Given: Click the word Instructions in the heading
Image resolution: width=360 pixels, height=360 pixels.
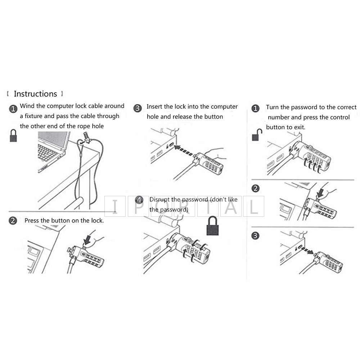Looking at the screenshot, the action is coord(35,94).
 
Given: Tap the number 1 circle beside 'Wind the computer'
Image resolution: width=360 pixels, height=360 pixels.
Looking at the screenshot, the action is coord(13,109).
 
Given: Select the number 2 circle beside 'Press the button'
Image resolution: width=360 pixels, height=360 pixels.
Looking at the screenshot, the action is coord(13,221).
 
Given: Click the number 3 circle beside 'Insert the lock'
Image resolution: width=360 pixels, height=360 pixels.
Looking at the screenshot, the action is coord(137,108).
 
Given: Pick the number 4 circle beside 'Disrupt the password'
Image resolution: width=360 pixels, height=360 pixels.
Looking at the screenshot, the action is coord(139,200).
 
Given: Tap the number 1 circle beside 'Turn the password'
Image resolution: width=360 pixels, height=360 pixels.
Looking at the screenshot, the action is coord(255,108).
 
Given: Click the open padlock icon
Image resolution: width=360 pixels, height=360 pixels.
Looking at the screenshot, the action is coord(257,135).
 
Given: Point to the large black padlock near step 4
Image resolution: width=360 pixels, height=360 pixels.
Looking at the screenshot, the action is coord(212,226).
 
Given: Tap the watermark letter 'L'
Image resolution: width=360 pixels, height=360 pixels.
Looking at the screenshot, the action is coord(254,206).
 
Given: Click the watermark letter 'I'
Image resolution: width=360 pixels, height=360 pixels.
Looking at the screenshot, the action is coord(115,206).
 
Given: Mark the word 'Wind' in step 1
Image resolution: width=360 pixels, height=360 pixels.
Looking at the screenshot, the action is coord(27,106).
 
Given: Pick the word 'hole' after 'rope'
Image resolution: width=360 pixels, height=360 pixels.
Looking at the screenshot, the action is coord(98,126).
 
